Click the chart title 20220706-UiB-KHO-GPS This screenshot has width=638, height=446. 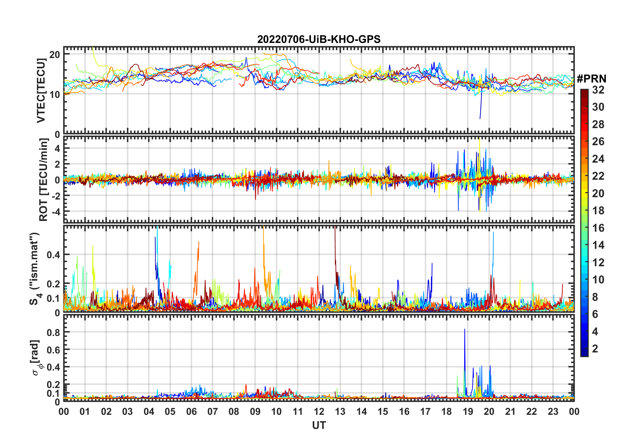[x=319, y=39]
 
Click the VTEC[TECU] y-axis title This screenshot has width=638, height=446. [x=41, y=91]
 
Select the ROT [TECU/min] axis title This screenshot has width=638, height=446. [x=43, y=179]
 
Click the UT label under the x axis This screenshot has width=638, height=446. [x=319, y=425]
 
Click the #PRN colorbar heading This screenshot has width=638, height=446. [x=591, y=79]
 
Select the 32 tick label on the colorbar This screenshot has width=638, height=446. [x=598, y=90]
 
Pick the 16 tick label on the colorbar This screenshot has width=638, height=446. [x=598, y=228]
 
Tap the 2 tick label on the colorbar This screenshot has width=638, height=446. [x=595, y=349]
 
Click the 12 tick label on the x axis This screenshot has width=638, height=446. [x=319, y=412]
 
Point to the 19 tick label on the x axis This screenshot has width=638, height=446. [x=468, y=412]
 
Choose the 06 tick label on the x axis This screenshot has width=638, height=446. [x=191, y=412]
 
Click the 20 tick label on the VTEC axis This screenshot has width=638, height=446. [x=55, y=54]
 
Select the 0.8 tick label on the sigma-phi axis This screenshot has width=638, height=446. [x=53, y=332]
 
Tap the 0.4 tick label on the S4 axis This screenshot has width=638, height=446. [x=53, y=255]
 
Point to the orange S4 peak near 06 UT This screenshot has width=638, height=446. [x=199, y=242]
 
